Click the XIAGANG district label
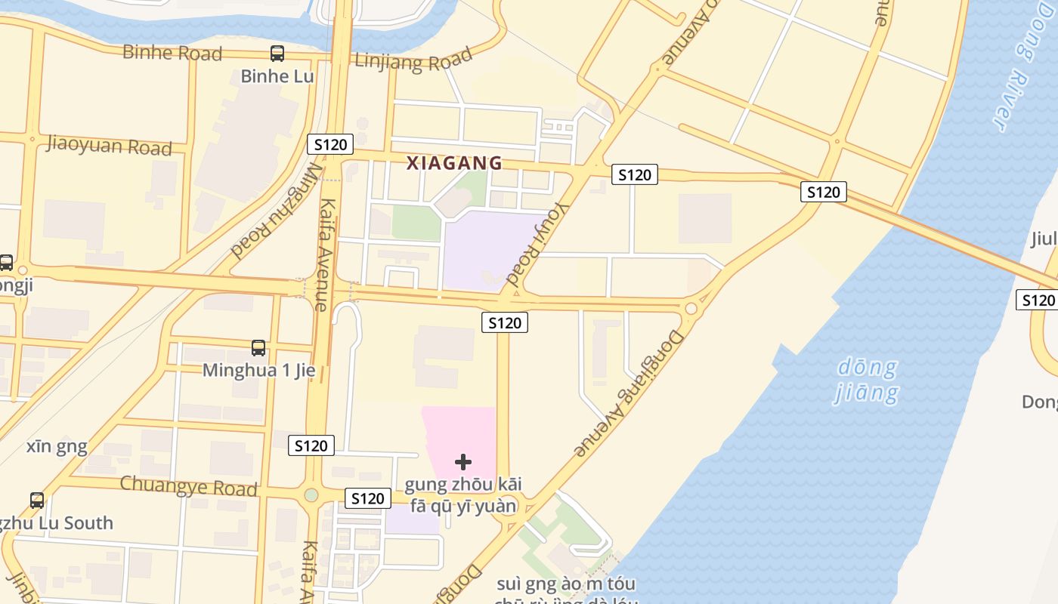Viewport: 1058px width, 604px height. [454, 163]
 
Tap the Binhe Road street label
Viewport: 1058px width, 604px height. [172, 53]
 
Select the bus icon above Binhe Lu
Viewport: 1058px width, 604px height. [277, 54]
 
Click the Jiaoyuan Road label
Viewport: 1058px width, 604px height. [110, 144]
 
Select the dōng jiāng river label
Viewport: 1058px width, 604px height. [867, 381]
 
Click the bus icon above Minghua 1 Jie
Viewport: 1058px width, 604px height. [258, 348]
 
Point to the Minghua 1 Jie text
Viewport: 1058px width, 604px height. [258, 371]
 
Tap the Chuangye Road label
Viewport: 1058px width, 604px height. [189, 485]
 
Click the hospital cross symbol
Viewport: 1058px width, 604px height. [463, 461]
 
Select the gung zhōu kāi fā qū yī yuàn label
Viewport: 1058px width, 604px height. [463, 495]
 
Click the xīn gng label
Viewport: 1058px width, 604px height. [57, 446]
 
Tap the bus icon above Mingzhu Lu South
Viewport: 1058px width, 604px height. [37, 500]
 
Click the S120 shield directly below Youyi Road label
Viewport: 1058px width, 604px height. [505, 323]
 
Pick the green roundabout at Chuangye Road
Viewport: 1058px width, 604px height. [311, 495]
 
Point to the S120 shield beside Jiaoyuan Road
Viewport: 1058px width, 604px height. [330, 144]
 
